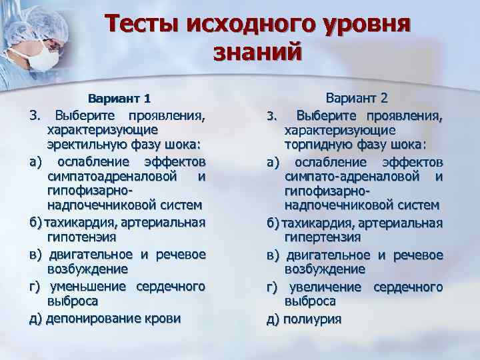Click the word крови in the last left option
click(163, 318)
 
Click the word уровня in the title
click(361, 24)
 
